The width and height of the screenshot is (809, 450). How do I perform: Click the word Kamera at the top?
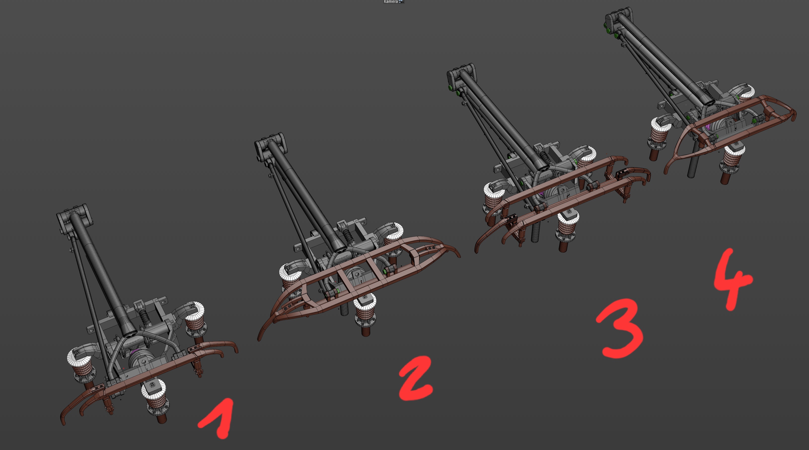coord(391,2)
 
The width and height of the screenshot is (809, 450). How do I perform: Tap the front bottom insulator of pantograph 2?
coord(365,314)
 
